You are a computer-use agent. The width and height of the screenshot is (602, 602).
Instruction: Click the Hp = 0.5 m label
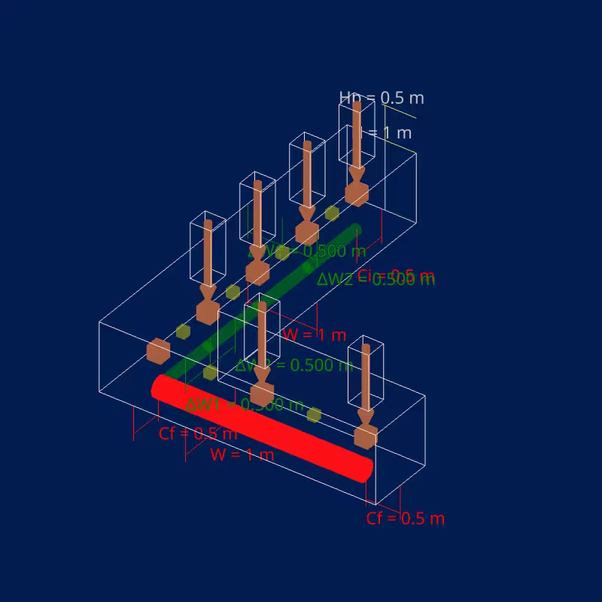[x=382, y=98]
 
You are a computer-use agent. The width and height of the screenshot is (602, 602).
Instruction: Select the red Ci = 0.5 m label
[x=396, y=275]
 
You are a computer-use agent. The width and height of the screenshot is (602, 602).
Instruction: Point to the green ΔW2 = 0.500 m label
[x=375, y=279]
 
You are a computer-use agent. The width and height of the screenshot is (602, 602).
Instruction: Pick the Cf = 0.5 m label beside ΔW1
[x=198, y=433]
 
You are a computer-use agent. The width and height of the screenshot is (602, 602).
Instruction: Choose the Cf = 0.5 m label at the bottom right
[x=406, y=518]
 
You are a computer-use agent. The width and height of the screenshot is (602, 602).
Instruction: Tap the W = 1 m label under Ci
[x=314, y=335]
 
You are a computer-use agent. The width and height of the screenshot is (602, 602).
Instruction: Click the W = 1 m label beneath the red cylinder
[x=242, y=455]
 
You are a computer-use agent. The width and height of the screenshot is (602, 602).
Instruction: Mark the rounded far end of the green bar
[x=356, y=230]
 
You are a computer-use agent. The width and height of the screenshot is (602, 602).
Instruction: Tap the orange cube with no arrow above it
[x=158, y=351]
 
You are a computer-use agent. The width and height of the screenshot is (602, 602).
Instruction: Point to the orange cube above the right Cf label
[x=366, y=436]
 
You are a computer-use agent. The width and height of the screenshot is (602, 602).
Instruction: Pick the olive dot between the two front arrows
[x=314, y=415]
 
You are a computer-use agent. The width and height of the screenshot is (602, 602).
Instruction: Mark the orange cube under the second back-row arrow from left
[x=257, y=272]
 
